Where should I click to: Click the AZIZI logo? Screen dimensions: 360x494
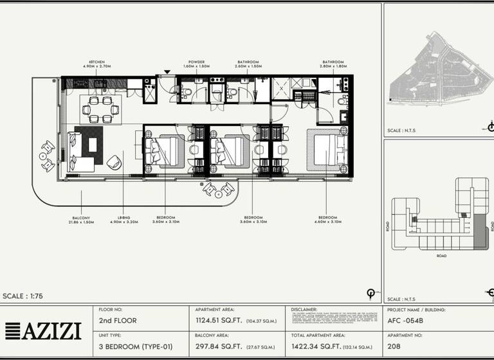[43, 331]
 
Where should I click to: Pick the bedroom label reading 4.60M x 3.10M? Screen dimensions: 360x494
[327, 220]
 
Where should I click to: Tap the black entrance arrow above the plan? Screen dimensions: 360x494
[167, 72]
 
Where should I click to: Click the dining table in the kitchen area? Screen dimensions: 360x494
[99, 109]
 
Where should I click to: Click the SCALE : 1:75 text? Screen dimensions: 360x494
[24, 296]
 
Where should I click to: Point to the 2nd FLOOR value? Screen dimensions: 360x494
[118, 320]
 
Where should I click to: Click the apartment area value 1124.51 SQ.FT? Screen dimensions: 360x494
[218, 320]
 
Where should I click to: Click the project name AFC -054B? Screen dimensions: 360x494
[408, 320]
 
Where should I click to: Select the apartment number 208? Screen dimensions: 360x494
[394, 346]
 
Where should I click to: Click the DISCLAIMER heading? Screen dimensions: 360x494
[304, 309]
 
